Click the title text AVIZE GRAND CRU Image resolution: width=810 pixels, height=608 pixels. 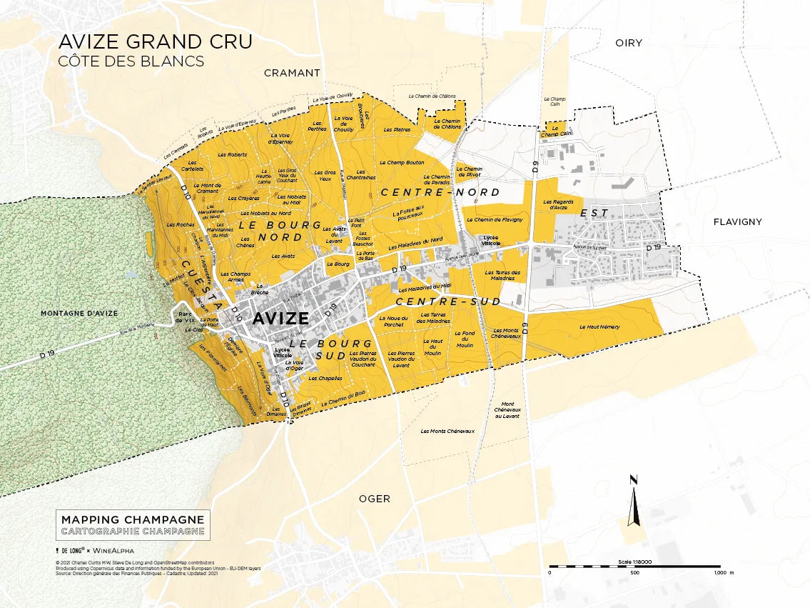point(155,42)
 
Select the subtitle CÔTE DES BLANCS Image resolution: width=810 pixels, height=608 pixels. point(131,61)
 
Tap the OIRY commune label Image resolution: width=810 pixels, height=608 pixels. point(629,43)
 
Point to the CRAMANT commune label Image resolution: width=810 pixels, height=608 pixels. point(292,73)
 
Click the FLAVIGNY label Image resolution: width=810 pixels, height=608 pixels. point(737,222)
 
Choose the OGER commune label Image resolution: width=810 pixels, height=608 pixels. point(375,499)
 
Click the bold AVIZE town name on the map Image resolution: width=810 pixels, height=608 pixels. point(280,319)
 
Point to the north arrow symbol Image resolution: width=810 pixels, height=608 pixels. point(632,500)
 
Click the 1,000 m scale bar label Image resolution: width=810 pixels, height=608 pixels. point(723,573)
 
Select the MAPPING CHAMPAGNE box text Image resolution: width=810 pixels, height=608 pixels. point(133,519)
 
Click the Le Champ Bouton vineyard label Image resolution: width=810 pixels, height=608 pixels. point(402,163)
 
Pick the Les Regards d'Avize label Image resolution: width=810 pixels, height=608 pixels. point(559,204)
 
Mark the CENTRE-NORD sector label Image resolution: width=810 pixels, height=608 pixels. point(440,192)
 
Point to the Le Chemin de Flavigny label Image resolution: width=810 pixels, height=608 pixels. point(495,220)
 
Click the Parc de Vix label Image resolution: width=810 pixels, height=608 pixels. point(186,317)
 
